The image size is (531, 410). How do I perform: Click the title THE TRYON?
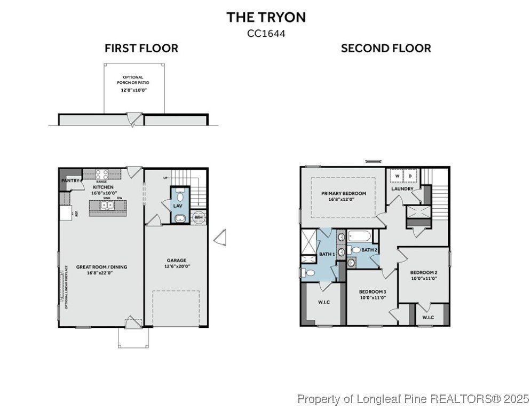[x=266, y=17]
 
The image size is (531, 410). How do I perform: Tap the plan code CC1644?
[x=266, y=33]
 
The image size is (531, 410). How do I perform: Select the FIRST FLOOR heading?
[x=141, y=49]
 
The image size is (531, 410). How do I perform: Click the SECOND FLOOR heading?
[x=386, y=49]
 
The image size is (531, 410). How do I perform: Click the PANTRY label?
[x=70, y=181]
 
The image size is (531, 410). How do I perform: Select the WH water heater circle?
[x=198, y=217]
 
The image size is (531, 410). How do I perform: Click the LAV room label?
[x=178, y=206]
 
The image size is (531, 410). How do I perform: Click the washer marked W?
[x=397, y=176]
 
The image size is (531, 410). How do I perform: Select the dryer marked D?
[x=410, y=176]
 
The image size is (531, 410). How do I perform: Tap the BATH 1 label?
[x=327, y=254]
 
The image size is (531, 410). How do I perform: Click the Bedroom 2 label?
[x=423, y=274]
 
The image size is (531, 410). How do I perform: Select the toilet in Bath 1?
[x=308, y=272]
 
